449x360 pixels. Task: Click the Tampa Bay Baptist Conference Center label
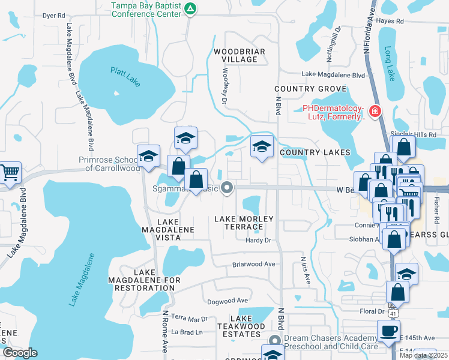point(146,10)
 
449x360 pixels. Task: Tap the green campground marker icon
point(190,8)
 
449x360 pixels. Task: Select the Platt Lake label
point(125,76)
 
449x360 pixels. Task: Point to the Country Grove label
point(303,89)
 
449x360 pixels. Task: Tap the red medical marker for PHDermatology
point(375,112)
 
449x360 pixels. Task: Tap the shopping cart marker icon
point(10,173)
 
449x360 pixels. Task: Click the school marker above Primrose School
point(148,157)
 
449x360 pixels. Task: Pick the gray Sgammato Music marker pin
point(227,188)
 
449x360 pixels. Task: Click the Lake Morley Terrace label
point(244,223)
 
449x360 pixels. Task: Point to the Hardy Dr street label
point(259,241)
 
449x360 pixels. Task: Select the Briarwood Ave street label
point(253,264)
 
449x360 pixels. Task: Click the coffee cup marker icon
point(388,331)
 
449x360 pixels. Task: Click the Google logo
point(20,353)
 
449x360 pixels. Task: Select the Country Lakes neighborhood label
point(315,152)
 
